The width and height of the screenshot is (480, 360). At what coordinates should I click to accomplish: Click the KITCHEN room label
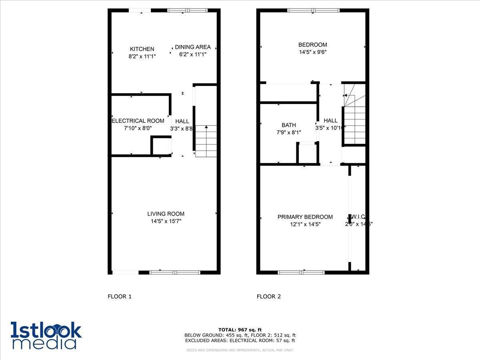(x=142, y=49)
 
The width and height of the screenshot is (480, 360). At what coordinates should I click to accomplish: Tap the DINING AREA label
(x=193, y=47)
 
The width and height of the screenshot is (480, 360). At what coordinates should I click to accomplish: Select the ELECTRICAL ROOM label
(x=138, y=121)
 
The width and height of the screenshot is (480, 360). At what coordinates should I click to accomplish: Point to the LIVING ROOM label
(x=166, y=214)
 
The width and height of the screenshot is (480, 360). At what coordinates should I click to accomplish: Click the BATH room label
(x=288, y=125)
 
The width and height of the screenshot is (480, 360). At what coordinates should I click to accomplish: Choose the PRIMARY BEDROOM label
(x=305, y=217)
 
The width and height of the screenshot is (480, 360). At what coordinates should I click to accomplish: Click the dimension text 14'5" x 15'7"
(x=166, y=221)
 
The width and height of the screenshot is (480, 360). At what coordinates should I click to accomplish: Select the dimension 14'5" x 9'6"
(x=313, y=52)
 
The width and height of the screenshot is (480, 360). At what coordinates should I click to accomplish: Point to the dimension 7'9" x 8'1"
(x=288, y=132)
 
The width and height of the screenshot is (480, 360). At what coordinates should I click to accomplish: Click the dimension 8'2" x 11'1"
(x=142, y=57)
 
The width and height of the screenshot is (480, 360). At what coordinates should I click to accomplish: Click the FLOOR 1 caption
(x=120, y=296)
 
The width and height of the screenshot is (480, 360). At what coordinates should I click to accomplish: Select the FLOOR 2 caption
(x=269, y=296)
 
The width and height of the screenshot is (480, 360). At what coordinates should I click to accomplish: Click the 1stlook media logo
(x=46, y=335)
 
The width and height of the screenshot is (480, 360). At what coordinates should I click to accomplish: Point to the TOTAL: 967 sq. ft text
(x=240, y=330)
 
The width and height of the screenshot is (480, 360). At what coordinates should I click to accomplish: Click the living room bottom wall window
(x=175, y=272)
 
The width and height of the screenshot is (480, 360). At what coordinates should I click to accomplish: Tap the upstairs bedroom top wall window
(x=314, y=10)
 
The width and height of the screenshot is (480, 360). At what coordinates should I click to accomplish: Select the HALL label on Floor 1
(x=182, y=121)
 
